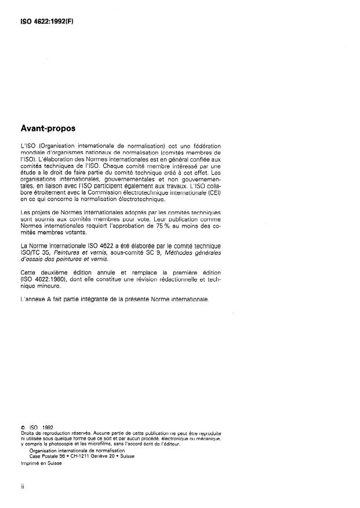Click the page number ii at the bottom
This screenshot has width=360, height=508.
click(x=22, y=487)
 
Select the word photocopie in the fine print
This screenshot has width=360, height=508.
click(x=59, y=443)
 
